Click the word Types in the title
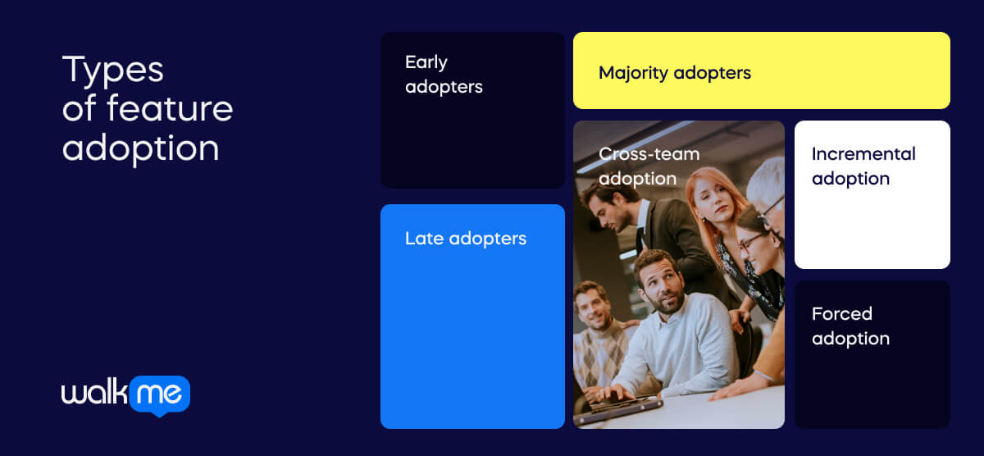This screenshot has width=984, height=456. pos(112,71)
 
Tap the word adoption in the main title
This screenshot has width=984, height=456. pos(140,148)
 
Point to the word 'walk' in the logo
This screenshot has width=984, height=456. pos(93,394)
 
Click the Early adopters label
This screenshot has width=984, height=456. pos(444,75)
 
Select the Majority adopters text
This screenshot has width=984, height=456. pos(674,73)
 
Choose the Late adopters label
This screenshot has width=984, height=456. pos(465,239)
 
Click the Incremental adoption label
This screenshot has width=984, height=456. pos(863,166)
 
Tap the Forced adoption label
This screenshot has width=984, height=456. pos(850,326)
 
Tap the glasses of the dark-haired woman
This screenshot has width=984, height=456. pos(752,242)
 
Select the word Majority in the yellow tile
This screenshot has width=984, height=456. pos(633,73)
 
